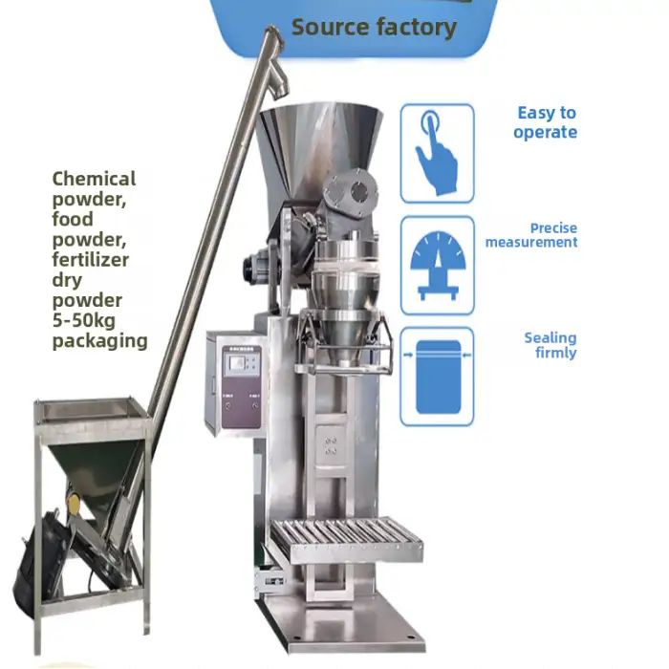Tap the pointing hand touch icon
437,153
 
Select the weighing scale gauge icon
437,265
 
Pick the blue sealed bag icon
437,376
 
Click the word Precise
553,228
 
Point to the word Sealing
550,337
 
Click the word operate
545,132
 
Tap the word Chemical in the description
94,179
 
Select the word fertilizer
90,259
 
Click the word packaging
99,341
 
